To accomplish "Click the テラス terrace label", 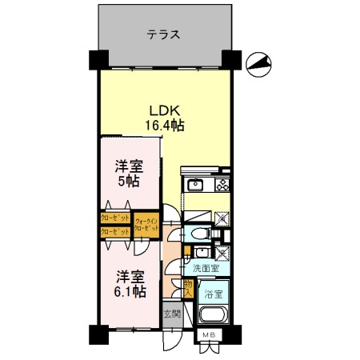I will tap(162, 35).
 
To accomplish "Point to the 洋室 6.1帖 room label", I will tap(127, 284).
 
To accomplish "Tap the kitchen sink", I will tap(195, 186).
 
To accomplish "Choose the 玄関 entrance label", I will tap(172, 313).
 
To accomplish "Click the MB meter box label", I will tap(208, 334).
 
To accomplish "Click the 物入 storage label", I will tap(187, 288).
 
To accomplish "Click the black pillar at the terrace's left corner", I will tap(98, 60).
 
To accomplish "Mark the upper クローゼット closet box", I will tap(114, 218).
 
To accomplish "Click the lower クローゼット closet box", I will tap(114, 232).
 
